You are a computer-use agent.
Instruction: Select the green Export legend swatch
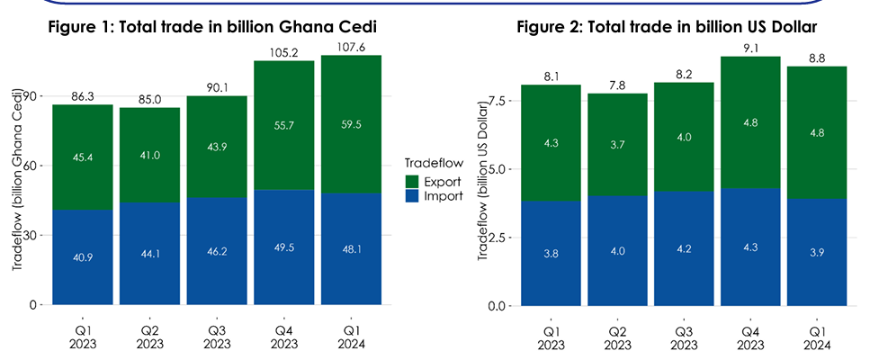pos(413,182)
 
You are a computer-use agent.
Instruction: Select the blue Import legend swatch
pos(413,197)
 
